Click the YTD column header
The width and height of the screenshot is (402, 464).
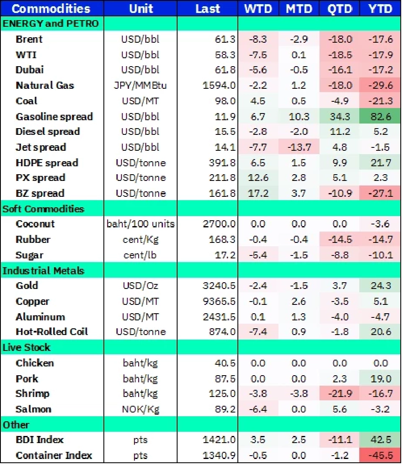point(381,8)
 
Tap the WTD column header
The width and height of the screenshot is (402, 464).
point(258,8)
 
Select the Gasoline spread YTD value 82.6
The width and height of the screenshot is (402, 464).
point(381,116)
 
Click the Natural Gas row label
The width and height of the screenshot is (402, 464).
point(45,85)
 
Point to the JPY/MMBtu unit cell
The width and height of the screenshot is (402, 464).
point(141,85)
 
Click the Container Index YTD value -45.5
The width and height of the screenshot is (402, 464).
point(381,455)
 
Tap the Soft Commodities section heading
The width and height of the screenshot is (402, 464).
point(44,209)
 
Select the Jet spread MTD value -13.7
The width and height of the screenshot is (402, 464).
point(299,147)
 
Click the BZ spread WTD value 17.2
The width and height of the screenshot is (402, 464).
point(258,193)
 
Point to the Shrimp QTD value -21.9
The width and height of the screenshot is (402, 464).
point(340,394)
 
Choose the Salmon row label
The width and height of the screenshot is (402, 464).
point(33,409)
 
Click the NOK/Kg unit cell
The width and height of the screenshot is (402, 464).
point(141,409)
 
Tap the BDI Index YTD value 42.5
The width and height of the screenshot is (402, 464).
point(381,440)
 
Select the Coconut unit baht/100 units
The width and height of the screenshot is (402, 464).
point(141,224)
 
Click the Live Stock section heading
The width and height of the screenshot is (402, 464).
point(26,347)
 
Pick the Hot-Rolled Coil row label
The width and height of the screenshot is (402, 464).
point(52,332)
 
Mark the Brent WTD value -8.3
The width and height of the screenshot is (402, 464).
point(258,39)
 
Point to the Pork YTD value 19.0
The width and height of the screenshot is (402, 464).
point(381,378)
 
